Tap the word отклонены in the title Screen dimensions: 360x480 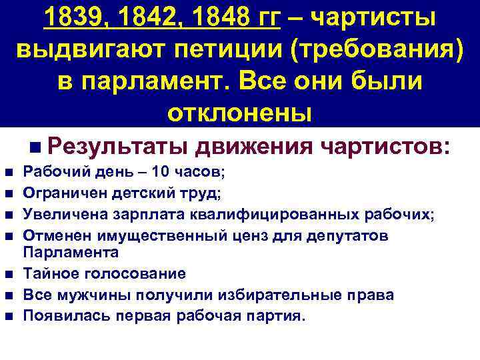(x=239, y=111)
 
